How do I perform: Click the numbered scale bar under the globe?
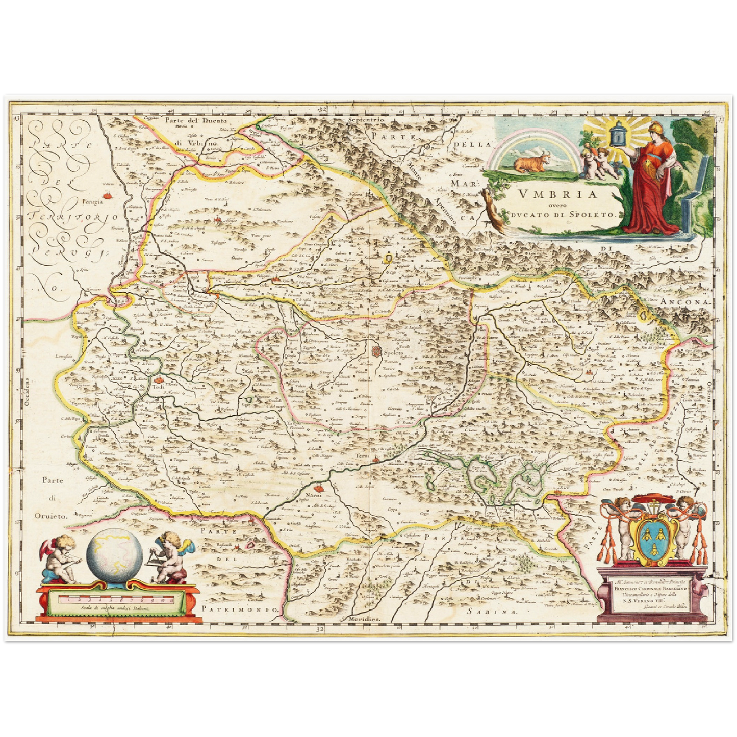[117, 599]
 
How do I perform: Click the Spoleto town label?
[394, 352]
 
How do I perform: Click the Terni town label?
[362, 454]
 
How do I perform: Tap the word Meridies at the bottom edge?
[365, 618]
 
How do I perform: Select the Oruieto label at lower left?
[51, 516]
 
